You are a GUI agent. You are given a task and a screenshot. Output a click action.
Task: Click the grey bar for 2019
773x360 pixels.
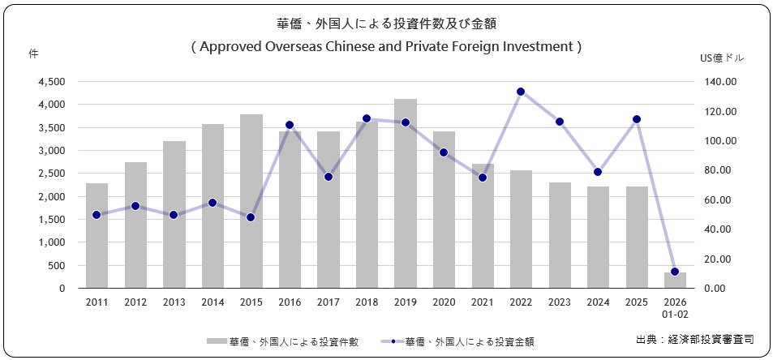click(406, 194)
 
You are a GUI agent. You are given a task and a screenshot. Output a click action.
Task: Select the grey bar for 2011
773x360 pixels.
click(97, 236)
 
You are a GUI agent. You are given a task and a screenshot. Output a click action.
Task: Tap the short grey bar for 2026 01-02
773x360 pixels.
click(675, 280)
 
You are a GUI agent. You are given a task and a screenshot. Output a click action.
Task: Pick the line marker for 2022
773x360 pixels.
click(521, 92)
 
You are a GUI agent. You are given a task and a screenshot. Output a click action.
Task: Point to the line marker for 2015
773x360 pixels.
click(251, 217)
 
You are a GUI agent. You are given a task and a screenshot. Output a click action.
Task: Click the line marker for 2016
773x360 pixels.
click(290, 126)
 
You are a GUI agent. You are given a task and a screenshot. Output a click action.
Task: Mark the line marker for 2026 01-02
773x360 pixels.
click(675, 272)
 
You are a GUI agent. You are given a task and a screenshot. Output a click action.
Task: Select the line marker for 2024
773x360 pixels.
click(598, 172)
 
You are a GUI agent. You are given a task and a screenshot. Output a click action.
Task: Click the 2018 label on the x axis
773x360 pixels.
click(367, 302)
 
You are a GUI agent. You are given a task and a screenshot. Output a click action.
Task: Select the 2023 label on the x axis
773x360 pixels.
click(559, 302)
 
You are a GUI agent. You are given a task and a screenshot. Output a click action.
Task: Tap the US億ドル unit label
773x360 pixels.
click(721, 58)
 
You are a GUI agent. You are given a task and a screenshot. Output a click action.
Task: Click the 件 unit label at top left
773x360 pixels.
click(33, 54)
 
